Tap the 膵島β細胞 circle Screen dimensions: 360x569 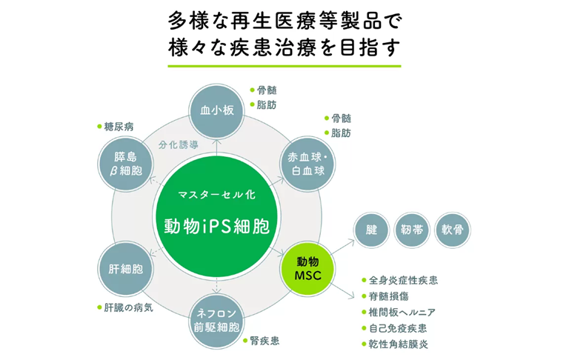click(x=125, y=164)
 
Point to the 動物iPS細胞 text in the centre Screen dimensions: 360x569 click(x=217, y=224)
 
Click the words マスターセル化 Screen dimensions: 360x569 click(x=216, y=195)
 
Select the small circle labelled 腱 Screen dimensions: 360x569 click(x=372, y=230)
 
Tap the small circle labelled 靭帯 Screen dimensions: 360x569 click(x=412, y=230)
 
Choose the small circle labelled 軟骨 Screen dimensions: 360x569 click(x=452, y=230)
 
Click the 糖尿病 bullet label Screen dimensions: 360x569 click(x=119, y=127)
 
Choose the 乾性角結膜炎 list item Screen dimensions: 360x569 click(x=398, y=344)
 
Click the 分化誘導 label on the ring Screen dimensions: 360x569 click(x=178, y=145)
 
